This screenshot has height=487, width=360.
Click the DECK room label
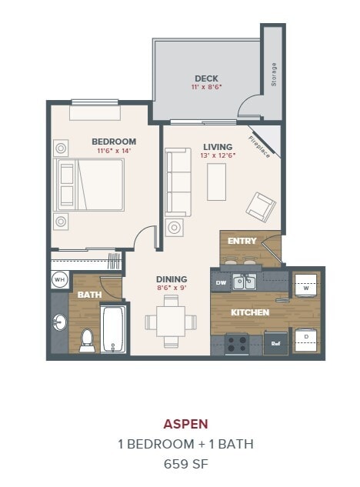tap(205, 78)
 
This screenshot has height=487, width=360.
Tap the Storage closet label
tap(273, 75)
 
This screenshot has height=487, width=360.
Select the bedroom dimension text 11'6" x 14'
tap(113, 151)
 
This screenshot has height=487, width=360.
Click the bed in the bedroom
tap(90, 185)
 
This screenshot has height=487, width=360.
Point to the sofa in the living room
tap(178, 182)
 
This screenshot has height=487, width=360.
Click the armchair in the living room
tap(260, 206)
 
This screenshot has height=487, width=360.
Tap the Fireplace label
tap(259, 145)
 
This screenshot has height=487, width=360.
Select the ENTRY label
tap(242, 241)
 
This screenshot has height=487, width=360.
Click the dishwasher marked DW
tap(221, 282)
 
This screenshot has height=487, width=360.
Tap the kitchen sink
tap(245, 282)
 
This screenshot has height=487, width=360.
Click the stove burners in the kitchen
tap(237, 342)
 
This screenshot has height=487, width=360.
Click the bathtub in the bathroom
tap(114, 329)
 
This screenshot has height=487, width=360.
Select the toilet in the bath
tap(87, 339)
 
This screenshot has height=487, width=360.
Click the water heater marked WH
tap(59, 279)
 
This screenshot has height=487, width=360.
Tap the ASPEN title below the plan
tap(185, 423)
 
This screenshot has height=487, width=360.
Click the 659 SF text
tap(185, 463)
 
